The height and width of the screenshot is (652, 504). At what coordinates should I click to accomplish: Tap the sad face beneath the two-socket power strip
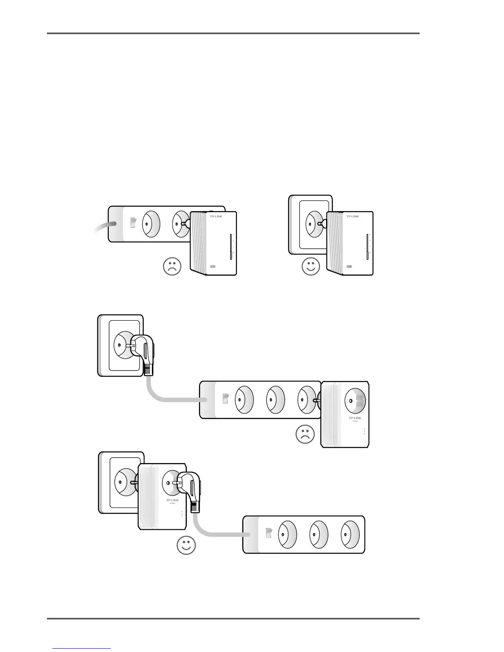tap(172, 266)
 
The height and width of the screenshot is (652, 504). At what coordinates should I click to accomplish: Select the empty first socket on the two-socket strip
tap(151, 224)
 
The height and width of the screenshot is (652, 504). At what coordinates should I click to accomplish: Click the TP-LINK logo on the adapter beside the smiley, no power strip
tap(355, 216)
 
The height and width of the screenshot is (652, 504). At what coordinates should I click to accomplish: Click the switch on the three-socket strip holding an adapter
tap(225, 398)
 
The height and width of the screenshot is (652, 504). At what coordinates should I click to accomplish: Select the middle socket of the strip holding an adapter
tap(275, 399)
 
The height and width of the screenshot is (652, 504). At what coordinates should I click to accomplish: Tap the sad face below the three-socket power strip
tap(305, 435)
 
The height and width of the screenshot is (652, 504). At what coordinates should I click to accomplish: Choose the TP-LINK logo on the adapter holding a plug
tap(174, 500)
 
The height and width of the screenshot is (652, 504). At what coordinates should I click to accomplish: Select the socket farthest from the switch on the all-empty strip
tap(350, 534)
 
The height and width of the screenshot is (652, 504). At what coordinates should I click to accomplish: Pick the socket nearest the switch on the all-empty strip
tap(287, 534)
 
